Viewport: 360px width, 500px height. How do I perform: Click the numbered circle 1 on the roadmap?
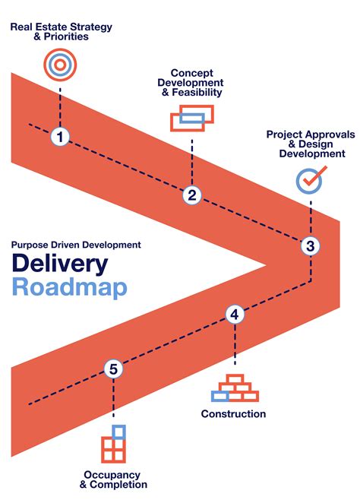pos(61,138)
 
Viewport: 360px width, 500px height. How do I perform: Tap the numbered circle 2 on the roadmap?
pos(192,195)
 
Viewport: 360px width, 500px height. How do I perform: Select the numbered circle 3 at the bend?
pos(309,245)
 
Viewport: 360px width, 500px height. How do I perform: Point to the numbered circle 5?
pos(113,369)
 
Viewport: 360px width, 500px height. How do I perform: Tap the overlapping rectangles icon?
pos(191,118)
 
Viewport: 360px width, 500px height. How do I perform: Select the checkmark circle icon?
pos(310,179)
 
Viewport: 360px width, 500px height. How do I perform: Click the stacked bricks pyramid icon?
pos(235,388)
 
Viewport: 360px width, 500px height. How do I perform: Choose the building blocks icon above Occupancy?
pos(113,445)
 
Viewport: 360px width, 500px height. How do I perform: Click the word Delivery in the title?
pos(59,264)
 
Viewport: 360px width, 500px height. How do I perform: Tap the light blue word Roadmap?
pos(69,289)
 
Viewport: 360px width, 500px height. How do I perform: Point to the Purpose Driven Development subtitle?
pos(76,245)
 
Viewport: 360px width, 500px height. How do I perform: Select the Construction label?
pos(233,414)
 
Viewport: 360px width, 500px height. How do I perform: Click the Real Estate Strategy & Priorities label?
pos(61,31)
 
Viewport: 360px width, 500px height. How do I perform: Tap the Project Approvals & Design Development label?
pos(310,144)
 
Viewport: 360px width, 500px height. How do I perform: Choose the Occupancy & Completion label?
pos(113,478)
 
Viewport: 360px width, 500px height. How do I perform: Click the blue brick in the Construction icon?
pos(220,396)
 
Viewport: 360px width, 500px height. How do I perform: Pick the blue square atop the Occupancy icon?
pos(118,432)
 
